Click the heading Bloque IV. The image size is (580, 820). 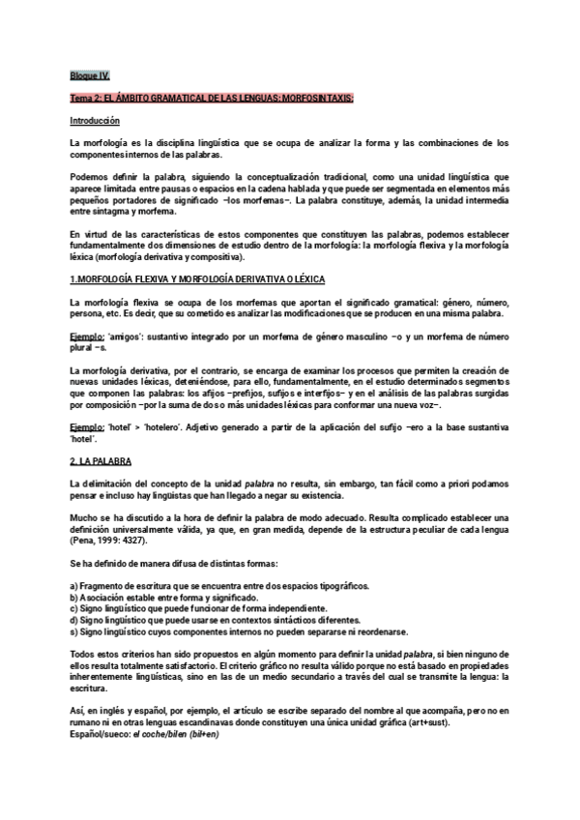click(x=91, y=73)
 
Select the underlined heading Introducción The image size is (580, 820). click(x=95, y=121)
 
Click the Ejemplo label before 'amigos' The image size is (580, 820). click(x=88, y=334)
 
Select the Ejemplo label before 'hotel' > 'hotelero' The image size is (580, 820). click(x=88, y=427)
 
